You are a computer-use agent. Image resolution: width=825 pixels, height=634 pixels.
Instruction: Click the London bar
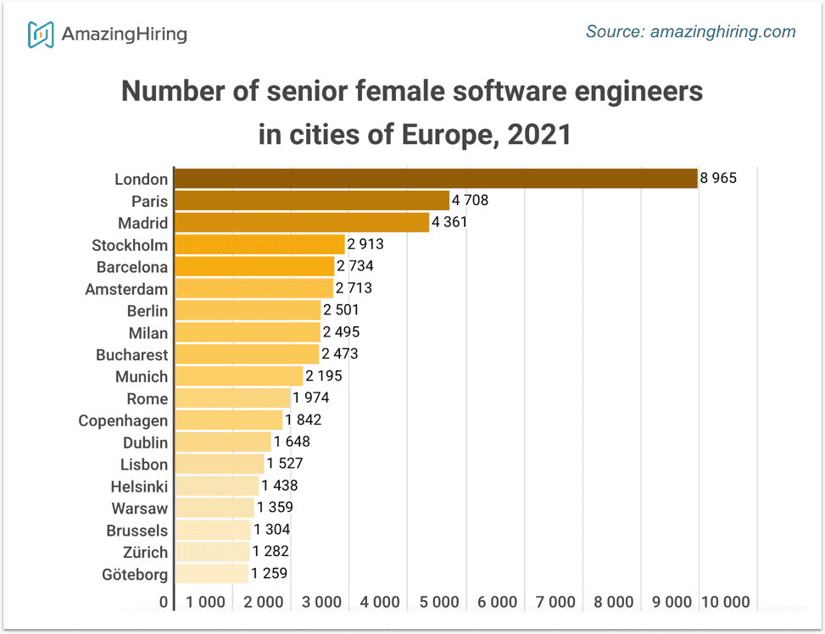pos(435,179)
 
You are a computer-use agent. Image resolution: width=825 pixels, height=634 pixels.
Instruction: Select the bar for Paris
pos(311,201)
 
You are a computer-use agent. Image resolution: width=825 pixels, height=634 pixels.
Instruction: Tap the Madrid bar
pos(301,223)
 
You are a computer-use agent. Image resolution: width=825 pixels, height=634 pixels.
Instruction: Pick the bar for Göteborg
pos(211,574)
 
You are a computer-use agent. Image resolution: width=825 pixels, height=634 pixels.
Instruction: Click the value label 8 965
pos(719,179)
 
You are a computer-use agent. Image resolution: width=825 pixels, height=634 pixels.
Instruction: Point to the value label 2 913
pos(365,245)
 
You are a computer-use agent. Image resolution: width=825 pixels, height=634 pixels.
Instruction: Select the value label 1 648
pos(292,442)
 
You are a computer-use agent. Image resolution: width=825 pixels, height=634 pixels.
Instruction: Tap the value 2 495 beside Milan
pos(341,332)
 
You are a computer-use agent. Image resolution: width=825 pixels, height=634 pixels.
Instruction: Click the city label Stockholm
pos(130,246)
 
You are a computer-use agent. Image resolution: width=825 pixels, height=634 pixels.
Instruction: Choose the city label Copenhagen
pos(123,421)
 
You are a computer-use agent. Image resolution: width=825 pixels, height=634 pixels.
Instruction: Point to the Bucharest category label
pos(131,355)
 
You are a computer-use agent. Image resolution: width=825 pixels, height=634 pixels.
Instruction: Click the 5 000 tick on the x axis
pos(438,603)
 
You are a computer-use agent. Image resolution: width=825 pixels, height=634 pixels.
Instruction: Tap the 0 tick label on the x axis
pos(164,603)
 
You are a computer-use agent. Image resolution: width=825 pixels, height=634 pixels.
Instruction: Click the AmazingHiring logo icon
pos(41,34)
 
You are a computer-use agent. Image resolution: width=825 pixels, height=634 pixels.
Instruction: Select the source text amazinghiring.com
pos(722,32)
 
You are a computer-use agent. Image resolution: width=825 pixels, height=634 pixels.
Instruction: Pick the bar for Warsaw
pos(214,509)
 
